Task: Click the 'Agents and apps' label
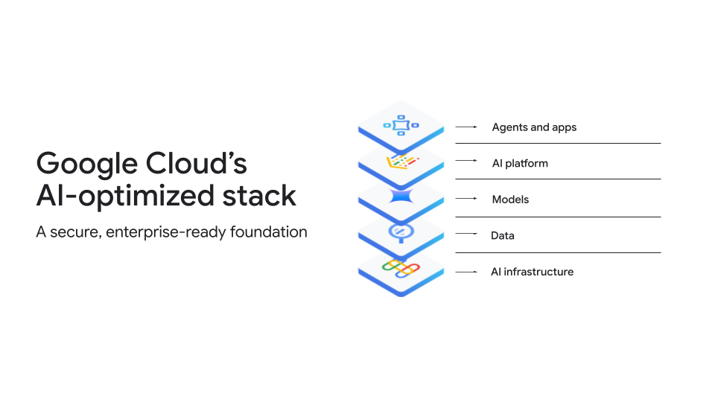[534, 127]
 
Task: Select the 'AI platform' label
[520, 163]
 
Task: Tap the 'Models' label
[510, 200]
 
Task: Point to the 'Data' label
[503, 236]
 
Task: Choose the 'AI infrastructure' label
[532, 272]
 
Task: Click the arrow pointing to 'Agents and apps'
[466, 127]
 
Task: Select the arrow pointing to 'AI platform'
[466, 161]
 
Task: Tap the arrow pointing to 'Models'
[466, 198]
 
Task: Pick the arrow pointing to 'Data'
[466, 233]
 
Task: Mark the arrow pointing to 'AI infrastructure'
[466, 272]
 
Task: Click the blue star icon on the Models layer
[401, 196]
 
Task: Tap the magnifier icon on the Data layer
[401, 232]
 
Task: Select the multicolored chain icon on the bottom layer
[401, 269]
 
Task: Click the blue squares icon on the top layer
[401, 125]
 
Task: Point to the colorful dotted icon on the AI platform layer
[402, 162]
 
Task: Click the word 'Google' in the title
[86, 165]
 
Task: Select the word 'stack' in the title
[259, 196]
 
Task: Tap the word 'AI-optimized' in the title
[125, 197]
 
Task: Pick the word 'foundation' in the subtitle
[269, 232]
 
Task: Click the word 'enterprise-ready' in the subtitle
[166, 232]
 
